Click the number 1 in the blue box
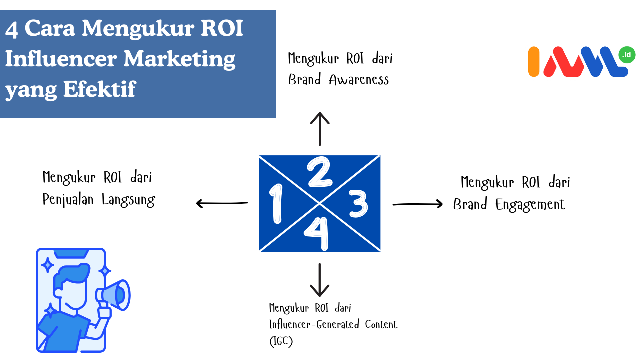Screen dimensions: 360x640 click(275, 203)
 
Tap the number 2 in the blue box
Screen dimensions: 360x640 click(320, 172)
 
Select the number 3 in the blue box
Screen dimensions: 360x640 click(358, 204)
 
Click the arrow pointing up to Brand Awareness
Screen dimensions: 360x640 click(320, 128)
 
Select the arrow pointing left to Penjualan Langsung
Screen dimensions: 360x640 click(222, 203)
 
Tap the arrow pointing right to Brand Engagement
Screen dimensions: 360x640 click(418, 204)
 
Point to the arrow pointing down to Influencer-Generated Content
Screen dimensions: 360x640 click(320, 280)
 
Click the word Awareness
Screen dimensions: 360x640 click(359, 80)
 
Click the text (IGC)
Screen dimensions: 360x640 click(281, 342)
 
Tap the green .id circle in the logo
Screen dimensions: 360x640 click(626, 55)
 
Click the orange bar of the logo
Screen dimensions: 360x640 click(534, 62)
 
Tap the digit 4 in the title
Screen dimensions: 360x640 click(12, 30)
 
